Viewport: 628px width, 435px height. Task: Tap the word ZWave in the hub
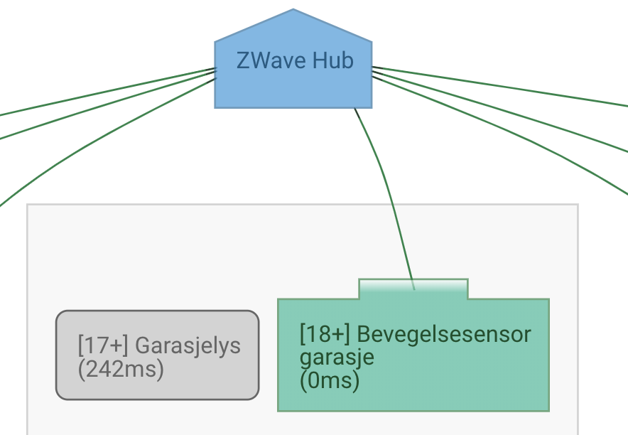point(262,61)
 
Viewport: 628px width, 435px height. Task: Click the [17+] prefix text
point(102,346)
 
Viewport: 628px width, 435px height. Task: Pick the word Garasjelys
point(188,346)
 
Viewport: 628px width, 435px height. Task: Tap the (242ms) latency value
point(121,370)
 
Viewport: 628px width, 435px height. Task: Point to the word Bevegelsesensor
point(444,333)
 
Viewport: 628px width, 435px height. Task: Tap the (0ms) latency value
point(330,380)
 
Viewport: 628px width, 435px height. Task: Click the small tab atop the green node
point(413,289)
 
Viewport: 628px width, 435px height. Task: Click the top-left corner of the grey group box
point(28,205)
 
